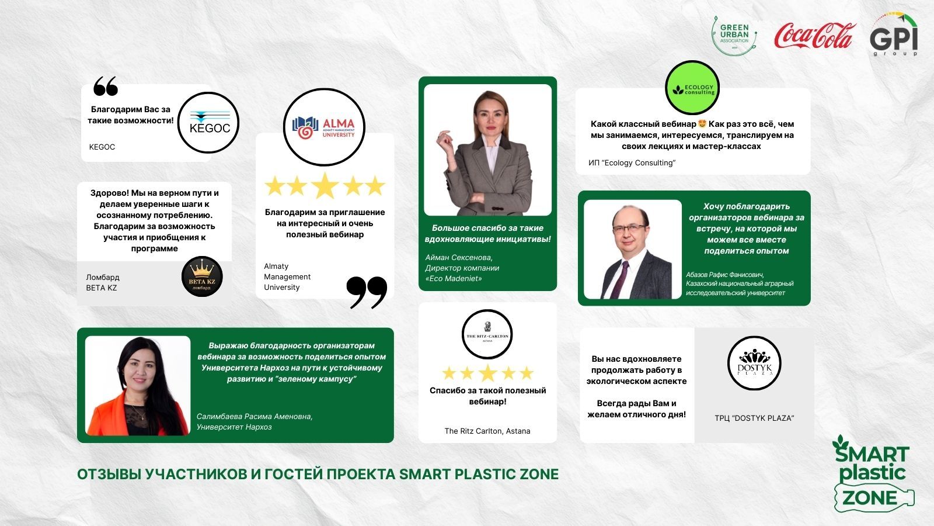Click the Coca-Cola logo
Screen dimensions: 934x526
pos(815,35)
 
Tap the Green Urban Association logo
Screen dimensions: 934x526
pos(734,36)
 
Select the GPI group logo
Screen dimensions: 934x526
pos(894,35)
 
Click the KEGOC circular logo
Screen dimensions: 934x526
pos(208,123)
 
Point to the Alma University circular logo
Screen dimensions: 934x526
pos(324,127)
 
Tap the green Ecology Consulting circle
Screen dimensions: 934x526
pos(692,88)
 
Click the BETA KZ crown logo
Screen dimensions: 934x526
pos(202,276)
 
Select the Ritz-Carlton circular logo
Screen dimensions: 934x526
pos(487,334)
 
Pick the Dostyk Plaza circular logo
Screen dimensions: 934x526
pos(754,363)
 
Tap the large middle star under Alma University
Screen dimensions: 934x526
pos(325,185)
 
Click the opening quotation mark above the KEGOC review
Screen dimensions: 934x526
pos(106,85)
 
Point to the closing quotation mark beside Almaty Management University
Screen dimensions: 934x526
pos(367,292)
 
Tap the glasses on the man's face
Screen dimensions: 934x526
pos(629,229)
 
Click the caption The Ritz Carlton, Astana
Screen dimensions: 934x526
pos(487,431)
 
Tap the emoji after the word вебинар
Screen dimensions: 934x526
pos(702,123)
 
